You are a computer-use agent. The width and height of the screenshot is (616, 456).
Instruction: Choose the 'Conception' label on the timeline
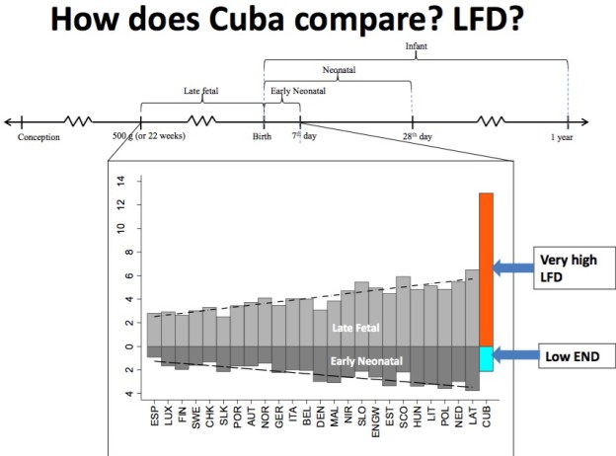38,137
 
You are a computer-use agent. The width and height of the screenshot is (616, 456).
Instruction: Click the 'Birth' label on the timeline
262,137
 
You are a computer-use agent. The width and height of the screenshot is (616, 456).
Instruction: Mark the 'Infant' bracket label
416,46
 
